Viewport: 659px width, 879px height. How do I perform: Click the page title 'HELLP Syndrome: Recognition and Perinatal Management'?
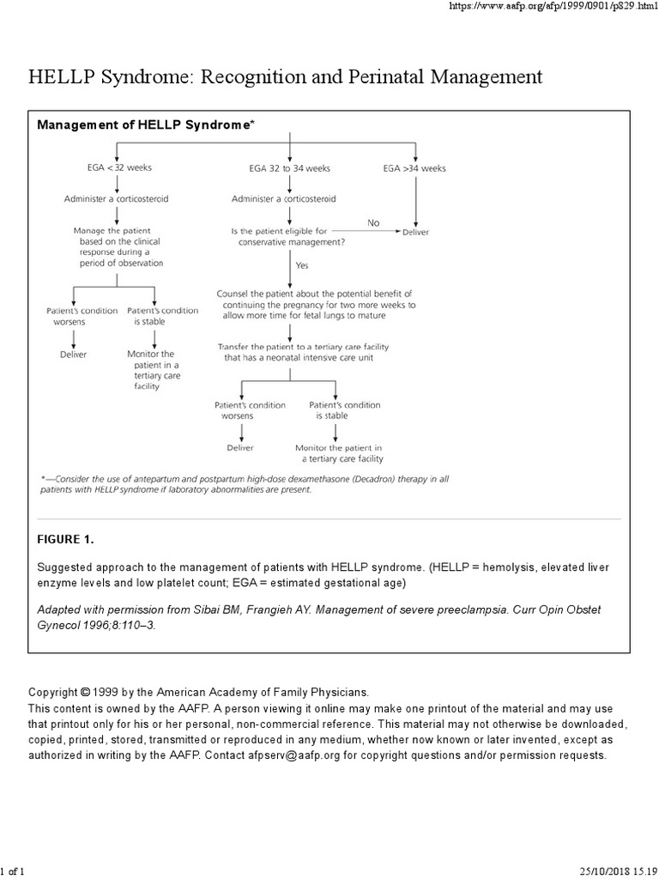(286, 77)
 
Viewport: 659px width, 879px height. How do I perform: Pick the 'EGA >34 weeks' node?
(414, 169)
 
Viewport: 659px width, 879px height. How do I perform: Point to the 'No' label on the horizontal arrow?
(373, 222)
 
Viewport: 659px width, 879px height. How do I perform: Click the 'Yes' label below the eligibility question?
(302, 266)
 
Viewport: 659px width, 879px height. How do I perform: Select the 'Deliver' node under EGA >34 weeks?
(416, 232)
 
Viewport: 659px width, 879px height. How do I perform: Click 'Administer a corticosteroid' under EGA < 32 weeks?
(116, 199)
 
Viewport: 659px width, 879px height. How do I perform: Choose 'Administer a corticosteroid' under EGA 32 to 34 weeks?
(282, 199)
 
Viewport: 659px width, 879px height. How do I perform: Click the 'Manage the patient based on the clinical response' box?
(118, 246)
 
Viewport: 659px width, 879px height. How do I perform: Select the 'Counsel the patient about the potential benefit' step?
(316, 305)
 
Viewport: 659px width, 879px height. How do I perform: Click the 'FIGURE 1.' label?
(65, 540)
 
